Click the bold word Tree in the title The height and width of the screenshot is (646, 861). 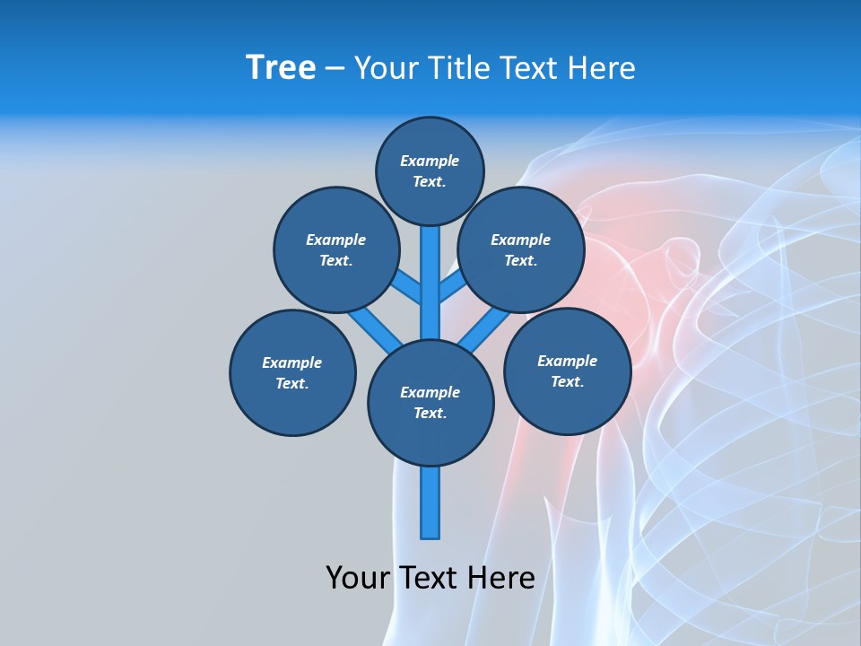click(281, 68)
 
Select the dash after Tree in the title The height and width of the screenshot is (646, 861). click(335, 69)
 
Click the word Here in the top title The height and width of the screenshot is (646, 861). click(603, 68)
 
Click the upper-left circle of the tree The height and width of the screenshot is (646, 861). click(335, 249)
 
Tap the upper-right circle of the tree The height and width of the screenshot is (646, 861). click(521, 249)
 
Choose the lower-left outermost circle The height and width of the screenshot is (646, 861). click(292, 372)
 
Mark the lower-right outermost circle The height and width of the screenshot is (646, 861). click(567, 371)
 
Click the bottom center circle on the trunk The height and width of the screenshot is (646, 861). click(430, 402)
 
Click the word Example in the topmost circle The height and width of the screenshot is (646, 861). click(430, 161)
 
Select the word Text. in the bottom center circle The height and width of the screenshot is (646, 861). click(430, 413)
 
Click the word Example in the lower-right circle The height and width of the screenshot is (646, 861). click(567, 361)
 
